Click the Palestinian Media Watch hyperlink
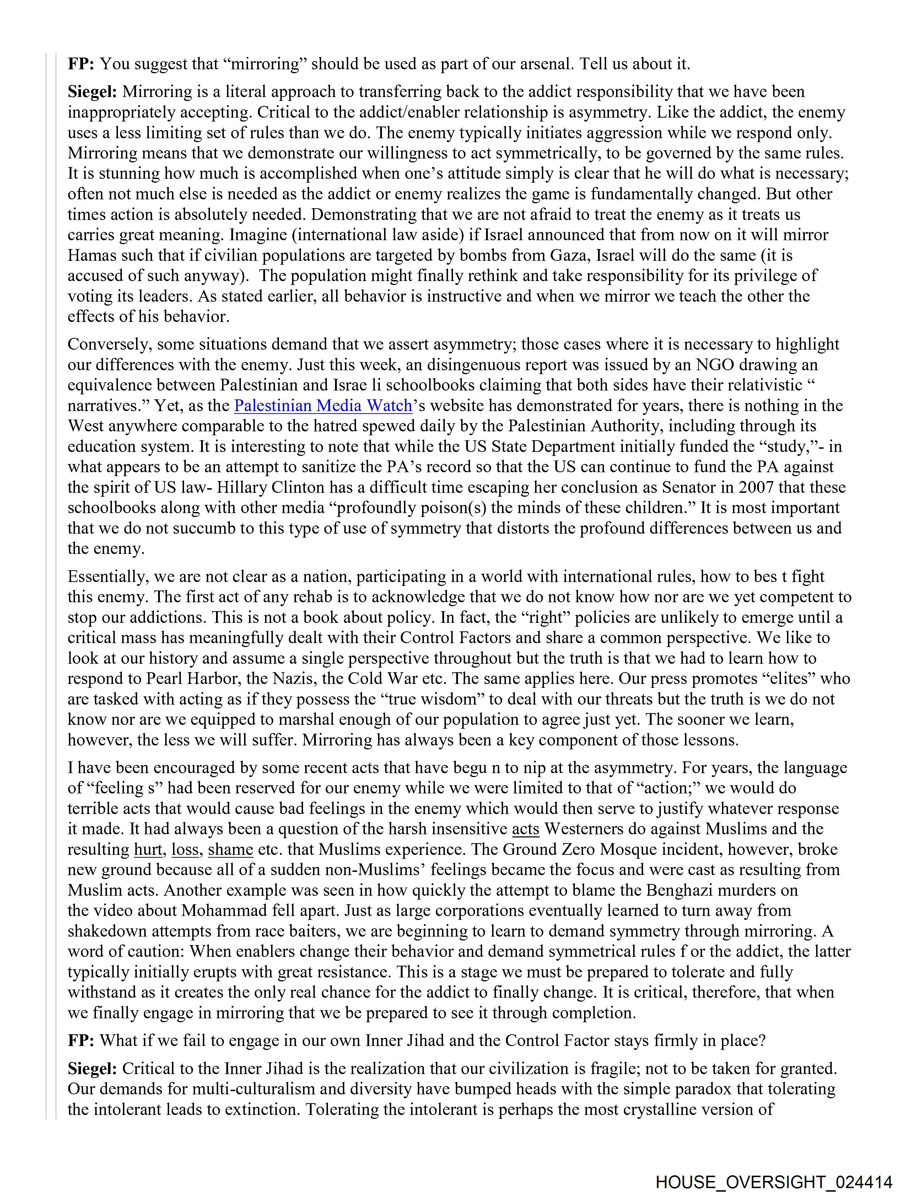(x=323, y=406)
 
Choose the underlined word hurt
(x=148, y=850)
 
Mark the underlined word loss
(x=185, y=850)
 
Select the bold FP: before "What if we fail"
(x=81, y=1041)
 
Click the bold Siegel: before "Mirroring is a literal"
(x=92, y=92)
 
